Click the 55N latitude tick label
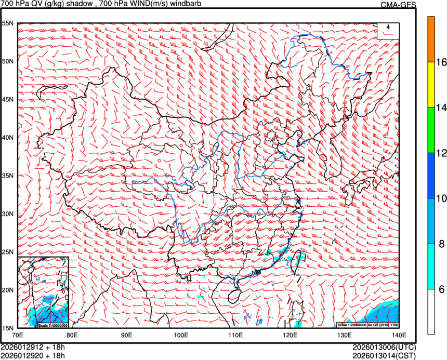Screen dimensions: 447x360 (7, 23)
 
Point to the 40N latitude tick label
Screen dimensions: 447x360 (7, 138)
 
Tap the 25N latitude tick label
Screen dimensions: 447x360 (7, 252)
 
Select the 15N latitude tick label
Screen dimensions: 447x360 (7, 328)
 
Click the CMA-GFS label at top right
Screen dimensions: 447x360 (398, 5)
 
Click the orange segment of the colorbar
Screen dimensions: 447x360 (431, 39)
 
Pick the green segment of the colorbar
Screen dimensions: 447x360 (431, 130)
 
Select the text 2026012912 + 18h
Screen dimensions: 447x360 (33, 347)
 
